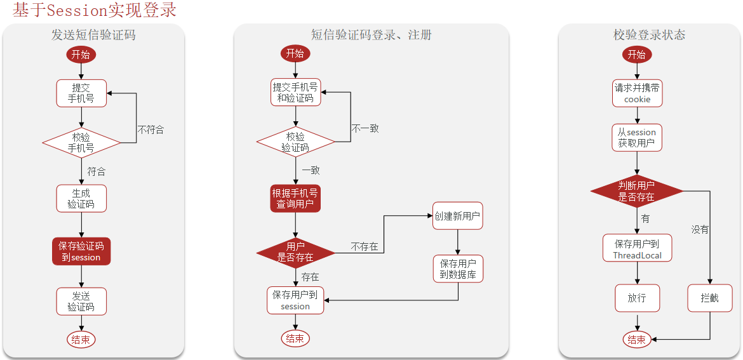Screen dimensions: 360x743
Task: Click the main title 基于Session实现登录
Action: click(x=94, y=10)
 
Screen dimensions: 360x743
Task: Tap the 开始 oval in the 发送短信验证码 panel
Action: click(x=81, y=55)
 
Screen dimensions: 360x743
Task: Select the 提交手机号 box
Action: click(x=81, y=93)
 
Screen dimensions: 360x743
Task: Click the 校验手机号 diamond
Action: click(x=81, y=143)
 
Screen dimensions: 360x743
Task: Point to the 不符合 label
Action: click(x=151, y=130)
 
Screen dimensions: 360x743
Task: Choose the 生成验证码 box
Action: click(x=81, y=199)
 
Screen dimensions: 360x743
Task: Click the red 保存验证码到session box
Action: click(x=81, y=251)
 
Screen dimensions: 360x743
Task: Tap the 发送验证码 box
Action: click(x=81, y=302)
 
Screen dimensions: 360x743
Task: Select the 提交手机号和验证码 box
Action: click(x=295, y=93)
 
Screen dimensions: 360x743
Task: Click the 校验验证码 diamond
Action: click(x=295, y=142)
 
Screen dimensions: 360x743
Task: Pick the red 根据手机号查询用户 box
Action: click(x=295, y=199)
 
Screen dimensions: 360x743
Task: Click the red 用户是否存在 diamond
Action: click(x=295, y=252)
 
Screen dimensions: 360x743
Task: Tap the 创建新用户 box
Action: click(x=457, y=217)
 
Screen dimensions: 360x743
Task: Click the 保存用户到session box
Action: click(x=295, y=300)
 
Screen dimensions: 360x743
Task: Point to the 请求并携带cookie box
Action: click(x=637, y=93)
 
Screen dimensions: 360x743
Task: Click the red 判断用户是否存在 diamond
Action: click(x=636, y=191)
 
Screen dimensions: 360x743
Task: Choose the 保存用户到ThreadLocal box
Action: click(x=637, y=249)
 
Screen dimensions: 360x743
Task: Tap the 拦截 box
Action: click(x=709, y=298)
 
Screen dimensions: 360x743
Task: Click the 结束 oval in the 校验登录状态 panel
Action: click(x=636, y=340)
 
